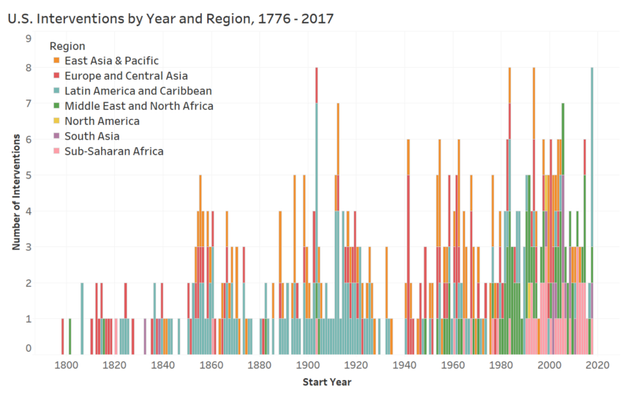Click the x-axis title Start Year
(x=326, y=382)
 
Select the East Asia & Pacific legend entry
(x=111, y=61)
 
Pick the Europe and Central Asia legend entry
(x=126, y=76)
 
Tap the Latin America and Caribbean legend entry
(x=138, y=91)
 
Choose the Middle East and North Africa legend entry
(x=138, y=106)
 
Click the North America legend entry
(x=102, y=121)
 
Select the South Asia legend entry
(x=91, y=136)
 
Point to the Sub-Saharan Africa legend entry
(x=113, y=151)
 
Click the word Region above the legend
(x=72, y=46)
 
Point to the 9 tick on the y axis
(x=29, y=39)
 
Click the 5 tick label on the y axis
(x=29, y=175)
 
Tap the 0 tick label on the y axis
(x=29, y=348)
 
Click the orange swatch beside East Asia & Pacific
(x=56, y=61)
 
